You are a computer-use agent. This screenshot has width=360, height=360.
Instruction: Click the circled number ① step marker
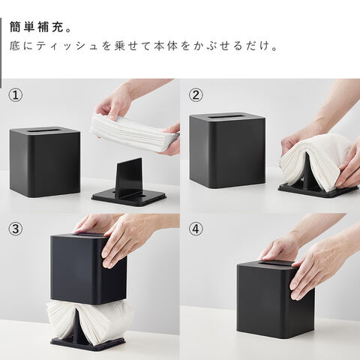click(x=16, y=95)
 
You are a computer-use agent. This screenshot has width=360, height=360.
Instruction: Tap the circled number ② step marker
click(x=196, y=95)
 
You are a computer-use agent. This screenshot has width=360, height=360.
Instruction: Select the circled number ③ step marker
click(x=16, y=229)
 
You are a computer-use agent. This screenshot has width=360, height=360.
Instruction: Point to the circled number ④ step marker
click(x=196, y=229)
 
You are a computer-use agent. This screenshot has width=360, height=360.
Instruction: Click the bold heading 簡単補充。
click(x=40, y=27)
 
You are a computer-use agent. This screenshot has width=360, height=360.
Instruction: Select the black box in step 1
click(x=45, y=162)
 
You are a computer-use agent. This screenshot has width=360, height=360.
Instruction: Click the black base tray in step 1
click(x=129, y=197)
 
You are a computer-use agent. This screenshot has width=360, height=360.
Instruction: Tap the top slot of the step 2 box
click(x=227, y=116)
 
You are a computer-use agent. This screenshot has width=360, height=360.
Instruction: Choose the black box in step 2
click(x=227, y=151)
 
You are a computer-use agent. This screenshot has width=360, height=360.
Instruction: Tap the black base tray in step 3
click(x=88, y=343)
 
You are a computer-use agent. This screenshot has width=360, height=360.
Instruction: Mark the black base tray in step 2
click(x=318, y=190)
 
